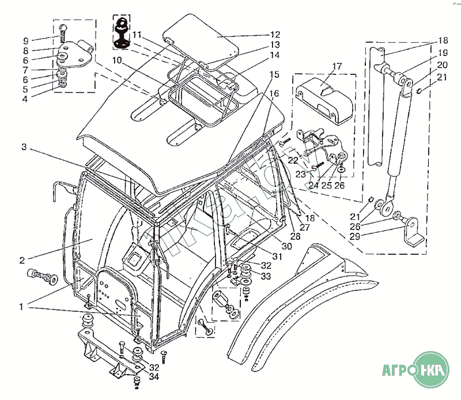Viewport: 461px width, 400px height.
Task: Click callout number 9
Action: [25, 41]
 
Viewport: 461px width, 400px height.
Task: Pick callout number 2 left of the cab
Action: [22, 261]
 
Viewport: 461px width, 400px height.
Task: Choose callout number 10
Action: [117, 60]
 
